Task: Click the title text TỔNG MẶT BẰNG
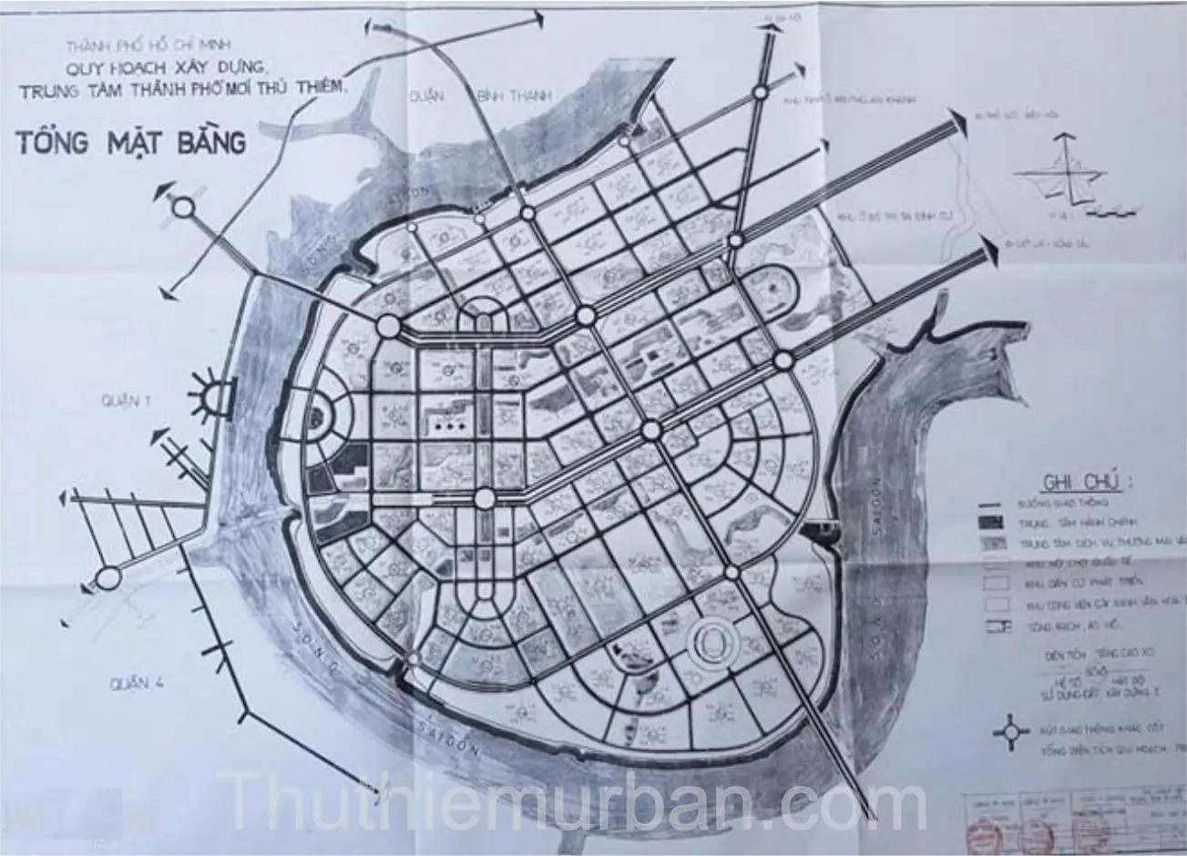click(x=131, y=142)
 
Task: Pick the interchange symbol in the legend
click(x=1010, y=731)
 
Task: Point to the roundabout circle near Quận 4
click(x=108, y=577)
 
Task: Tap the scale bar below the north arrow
click(x=1112, y=211)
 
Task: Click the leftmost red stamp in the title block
click(x=984, y=831)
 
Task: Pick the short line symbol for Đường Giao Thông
click(x=989, y=503)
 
